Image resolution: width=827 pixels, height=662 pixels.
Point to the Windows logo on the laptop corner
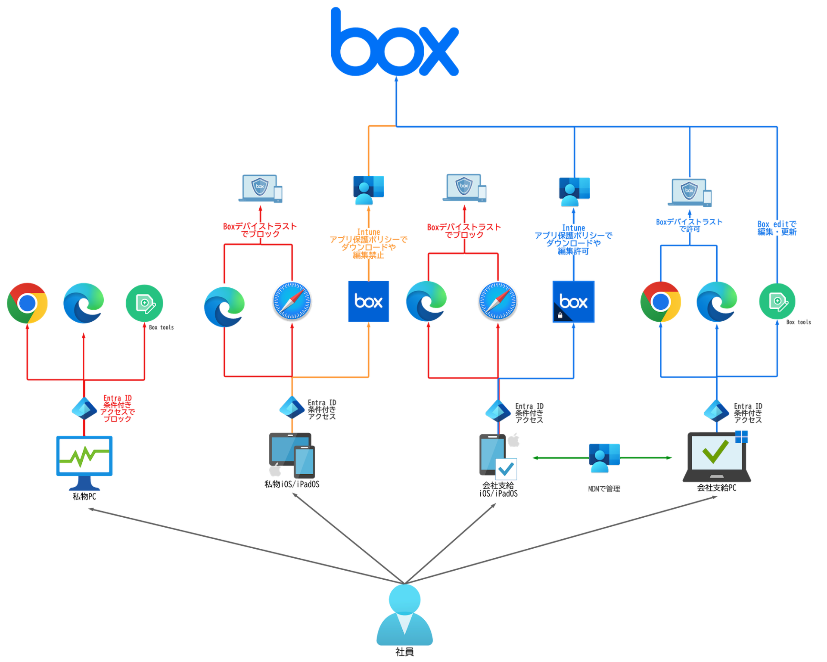[x=742, y=436]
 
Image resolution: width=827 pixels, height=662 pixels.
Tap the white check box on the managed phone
[x=506, y=469]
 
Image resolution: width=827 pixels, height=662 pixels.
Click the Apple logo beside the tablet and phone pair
[x=275, y=471]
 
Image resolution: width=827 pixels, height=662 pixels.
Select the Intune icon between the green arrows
[x=604, y=457]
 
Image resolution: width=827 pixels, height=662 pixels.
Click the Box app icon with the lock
[x=573, y=301]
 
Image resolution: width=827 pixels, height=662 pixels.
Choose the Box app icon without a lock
[x=368, y=301]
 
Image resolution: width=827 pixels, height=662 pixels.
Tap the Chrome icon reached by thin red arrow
[x=27, y=303]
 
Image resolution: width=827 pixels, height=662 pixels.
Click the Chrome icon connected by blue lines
[x=660, y=301]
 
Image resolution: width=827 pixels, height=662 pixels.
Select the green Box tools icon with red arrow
[x=144, y=303]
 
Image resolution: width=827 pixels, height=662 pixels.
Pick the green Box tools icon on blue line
[x=777, y=301]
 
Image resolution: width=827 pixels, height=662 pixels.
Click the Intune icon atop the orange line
[x=368, y=190]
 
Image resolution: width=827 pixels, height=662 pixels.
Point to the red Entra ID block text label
[x=118, y=408]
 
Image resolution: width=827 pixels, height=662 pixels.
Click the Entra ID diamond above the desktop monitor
[x=84, y=408]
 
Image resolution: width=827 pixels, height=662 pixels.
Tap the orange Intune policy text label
[x=368, y=244]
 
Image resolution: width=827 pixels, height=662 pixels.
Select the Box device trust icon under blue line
[x=689, y=193]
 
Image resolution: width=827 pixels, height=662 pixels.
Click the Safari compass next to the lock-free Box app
[x=292, y=301]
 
